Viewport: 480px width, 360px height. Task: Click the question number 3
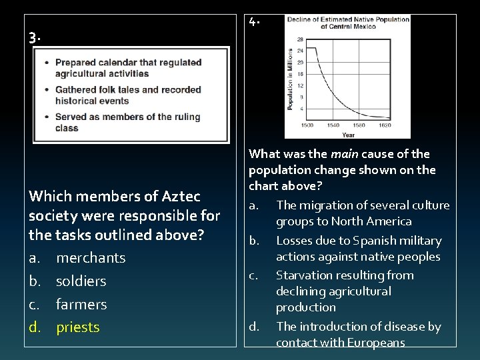(33, 37)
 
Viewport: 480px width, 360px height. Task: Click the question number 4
(254, 21)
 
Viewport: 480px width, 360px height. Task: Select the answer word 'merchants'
(91, 257)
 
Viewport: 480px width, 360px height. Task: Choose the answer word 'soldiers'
(81, 281)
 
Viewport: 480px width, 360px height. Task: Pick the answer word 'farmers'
(81, 304)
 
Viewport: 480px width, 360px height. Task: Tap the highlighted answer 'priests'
(78, 327)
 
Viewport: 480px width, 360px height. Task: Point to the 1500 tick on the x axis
(307, 125)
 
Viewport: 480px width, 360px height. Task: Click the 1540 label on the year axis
(334, 125)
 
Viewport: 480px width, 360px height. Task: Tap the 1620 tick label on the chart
(385, 125)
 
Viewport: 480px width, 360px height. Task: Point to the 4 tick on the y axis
(301, 108)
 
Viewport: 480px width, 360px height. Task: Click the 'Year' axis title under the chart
(348, 133)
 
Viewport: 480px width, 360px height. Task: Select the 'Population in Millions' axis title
(291, 79)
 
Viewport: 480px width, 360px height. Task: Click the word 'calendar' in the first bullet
(119, 63)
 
